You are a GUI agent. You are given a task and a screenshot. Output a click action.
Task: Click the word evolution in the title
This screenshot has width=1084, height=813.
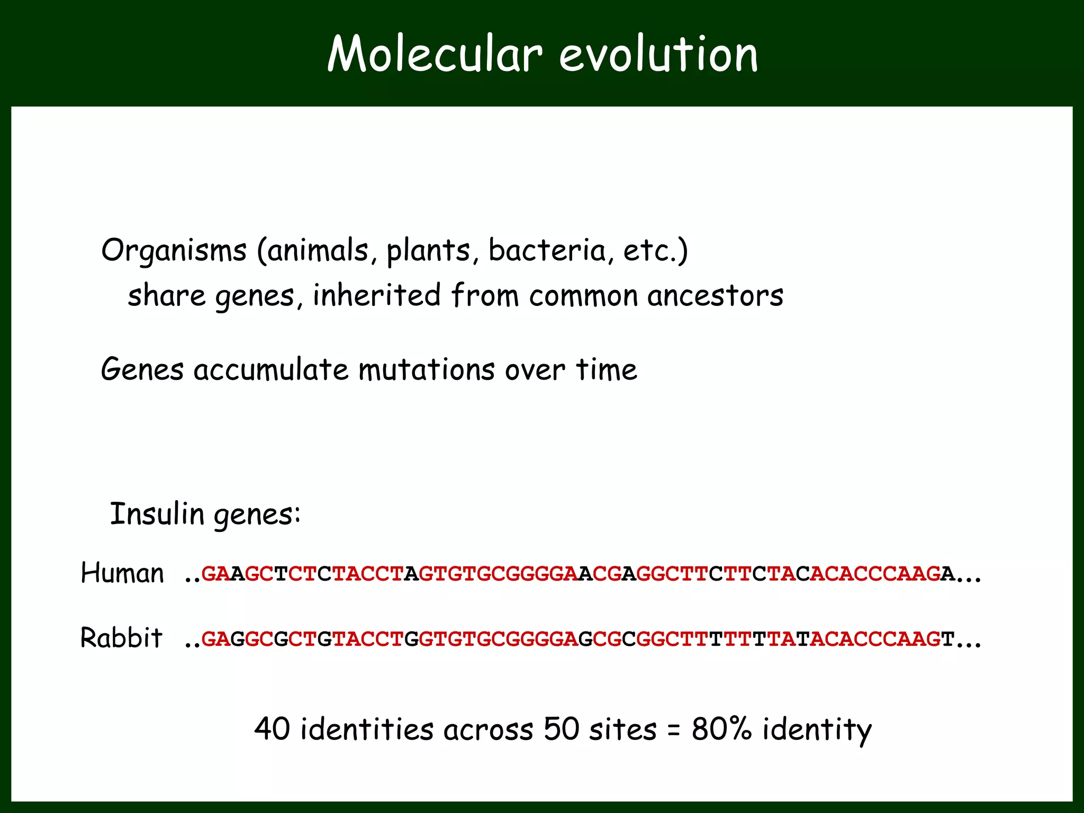(x=658, y=54)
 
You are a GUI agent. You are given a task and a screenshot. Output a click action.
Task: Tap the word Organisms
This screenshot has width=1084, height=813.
(x=174, y=250)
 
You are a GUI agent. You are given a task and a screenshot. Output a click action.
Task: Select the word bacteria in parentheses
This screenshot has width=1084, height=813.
(x=547, y=250)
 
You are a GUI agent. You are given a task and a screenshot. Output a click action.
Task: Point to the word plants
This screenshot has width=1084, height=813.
(x=428, y=251)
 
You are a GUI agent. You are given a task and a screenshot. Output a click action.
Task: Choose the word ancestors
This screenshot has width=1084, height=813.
(x=715, y=296)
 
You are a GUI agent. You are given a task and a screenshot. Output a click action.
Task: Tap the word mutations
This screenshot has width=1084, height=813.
(x=427, y=369)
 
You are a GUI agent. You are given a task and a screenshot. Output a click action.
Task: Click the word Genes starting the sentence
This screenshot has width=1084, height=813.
(x=142, y=369)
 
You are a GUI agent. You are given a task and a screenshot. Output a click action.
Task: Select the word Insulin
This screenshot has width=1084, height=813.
(x=157, y=513)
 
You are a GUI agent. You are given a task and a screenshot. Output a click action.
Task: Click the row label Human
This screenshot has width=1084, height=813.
(x=122, y=573)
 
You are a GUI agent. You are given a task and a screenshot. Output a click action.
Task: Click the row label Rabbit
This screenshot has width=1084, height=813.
(x=121, y=638)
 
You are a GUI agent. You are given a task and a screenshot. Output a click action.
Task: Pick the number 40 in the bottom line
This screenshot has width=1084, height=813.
(x=272, y=729)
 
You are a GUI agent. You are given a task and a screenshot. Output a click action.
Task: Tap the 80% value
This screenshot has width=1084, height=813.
(x=721, y=729)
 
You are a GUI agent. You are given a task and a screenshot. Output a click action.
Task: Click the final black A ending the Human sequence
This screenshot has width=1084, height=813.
(x=948, y=574)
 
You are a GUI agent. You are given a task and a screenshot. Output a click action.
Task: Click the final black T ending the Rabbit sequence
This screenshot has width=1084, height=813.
(x=948, y=639)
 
